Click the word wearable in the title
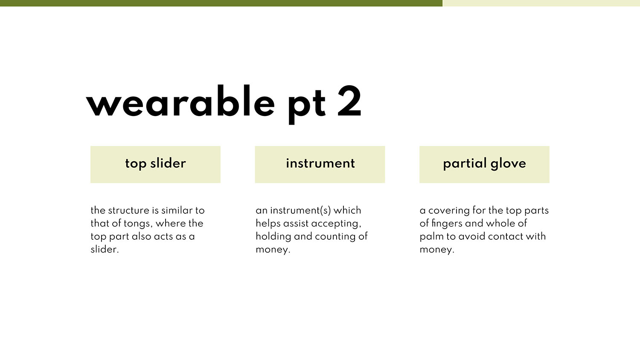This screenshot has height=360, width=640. pos(180,101)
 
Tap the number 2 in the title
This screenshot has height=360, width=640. pos(349,101)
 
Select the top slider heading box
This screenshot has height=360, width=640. pos(155,164)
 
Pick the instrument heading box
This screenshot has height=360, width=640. pos(320,164)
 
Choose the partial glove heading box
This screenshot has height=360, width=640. pos(484,164)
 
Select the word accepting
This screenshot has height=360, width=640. pos(336,224)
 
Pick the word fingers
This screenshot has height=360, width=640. pos(446,224)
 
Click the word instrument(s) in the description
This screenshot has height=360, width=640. pos(300,211)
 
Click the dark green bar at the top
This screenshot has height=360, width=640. pos(221,3)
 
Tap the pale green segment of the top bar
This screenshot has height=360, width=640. pos(541,3)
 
